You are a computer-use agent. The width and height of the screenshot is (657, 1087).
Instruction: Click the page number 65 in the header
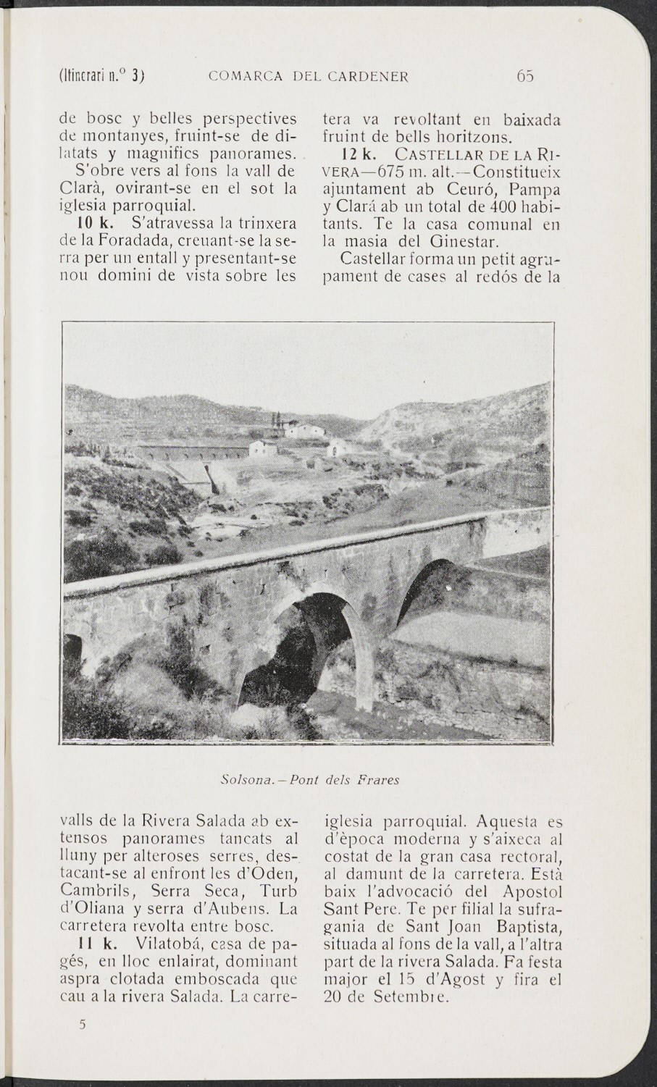coord(526,76)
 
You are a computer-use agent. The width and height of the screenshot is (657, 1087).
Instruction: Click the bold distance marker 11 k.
coord(93,944)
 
